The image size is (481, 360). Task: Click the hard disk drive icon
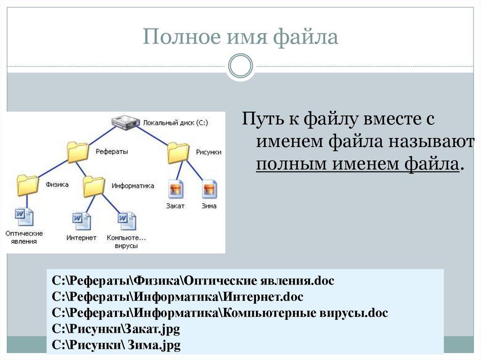[125, 123]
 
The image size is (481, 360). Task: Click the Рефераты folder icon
[78, 152]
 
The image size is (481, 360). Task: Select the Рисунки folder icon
[178, 152]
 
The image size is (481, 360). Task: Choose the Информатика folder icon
[94, 186]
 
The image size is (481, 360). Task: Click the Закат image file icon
[176, 189]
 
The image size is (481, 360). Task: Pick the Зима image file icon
[209, 189]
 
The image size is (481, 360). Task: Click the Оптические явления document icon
[24, 217]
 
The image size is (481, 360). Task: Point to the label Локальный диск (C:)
[176, 123]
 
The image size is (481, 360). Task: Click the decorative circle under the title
[240, 66]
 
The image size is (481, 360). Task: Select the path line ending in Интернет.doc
[178, 297]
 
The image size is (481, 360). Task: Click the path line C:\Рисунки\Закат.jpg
[116, 329]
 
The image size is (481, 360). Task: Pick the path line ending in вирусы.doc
[220, 313]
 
